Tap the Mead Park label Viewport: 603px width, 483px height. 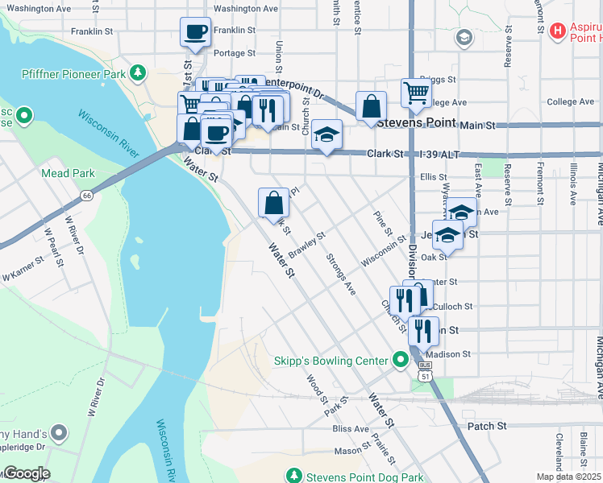(68, 173)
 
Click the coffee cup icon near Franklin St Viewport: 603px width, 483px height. (195, 33)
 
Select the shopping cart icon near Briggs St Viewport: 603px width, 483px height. (416, 93)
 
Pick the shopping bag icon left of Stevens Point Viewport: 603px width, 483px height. (371, 106)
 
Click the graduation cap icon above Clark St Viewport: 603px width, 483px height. (327, 135)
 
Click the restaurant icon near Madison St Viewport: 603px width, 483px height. (422, 331)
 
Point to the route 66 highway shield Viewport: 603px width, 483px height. (85, 196)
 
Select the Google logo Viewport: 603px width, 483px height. (26, 473)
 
